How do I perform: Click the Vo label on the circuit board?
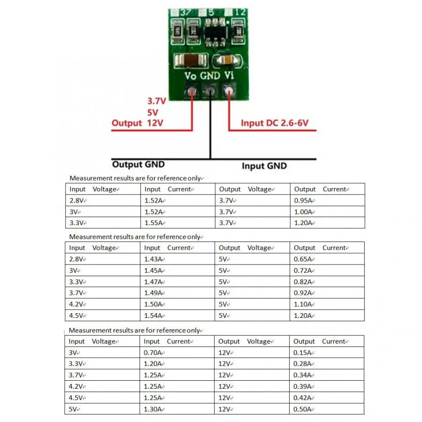coord(190,75)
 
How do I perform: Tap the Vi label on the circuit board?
coord(229,75)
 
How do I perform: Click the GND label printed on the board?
coord(210,75)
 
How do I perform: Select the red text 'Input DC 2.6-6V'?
coord(275,123)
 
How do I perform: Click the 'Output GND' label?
coord(138,164)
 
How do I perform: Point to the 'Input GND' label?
coord(264,166)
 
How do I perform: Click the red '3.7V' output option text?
coord(157,101)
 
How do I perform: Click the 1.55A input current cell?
coord(154,223)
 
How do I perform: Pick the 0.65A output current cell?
coord(303,259)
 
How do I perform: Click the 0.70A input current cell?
coord(153,353)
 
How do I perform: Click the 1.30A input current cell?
coord(153,409)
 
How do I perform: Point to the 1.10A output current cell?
coord(303,304)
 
